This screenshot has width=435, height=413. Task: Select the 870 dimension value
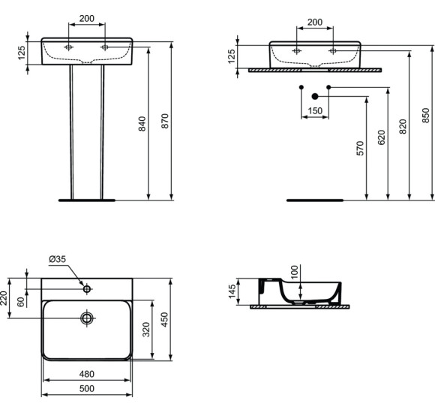pyautogui.click(x=164, y=124)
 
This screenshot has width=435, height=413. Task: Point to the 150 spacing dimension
pyautogui.click(x=315, y=110)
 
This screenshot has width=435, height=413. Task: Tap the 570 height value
pyautogui.click(x=360, y=148)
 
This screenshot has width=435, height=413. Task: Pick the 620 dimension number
pyautogui.click(x=381, y=137)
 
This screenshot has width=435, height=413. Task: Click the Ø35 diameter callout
pyautogui.click(x=57, y=259)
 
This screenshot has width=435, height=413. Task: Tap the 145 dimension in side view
pyautogui.click(x=232, y=291)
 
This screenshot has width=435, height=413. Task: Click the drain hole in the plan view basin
pyautogui.click(x=87, y=318)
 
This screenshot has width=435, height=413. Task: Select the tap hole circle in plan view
pyautogui.click(x=87, y=288)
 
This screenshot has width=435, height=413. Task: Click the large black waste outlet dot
pyautogui.click(x=315, y=95)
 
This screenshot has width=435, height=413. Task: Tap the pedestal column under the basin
pyautogui.click(x=86, y=131)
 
